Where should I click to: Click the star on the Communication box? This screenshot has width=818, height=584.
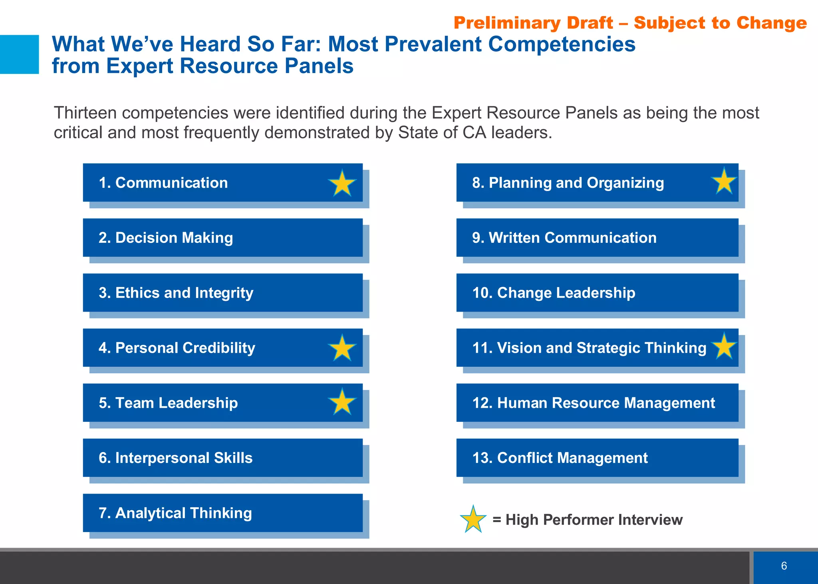[342, 184]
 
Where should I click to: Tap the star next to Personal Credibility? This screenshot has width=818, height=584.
[342, 348]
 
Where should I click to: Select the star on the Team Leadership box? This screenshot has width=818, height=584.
[342, 402]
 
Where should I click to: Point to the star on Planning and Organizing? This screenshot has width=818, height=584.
[724, 182]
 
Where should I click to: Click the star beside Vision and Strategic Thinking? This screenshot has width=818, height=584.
[724, 346]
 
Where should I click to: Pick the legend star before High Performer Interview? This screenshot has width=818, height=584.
[473, 520]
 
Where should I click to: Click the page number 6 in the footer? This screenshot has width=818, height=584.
[784, 566]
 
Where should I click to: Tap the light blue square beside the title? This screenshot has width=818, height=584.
[19, 54]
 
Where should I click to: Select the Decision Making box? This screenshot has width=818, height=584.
[222, 238]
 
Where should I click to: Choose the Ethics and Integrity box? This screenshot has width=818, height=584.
[222, 293]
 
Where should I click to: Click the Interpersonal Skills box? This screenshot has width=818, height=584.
[222, 458]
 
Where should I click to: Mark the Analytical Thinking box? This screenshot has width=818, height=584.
[222, 513]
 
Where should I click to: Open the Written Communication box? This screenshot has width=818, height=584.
[597, 238]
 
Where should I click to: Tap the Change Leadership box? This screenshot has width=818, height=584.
[597, 293]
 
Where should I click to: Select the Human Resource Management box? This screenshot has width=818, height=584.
[597, 403]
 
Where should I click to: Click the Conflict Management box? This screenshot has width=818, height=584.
[597, 458]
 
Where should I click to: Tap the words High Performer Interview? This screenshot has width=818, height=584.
[594, 520]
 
